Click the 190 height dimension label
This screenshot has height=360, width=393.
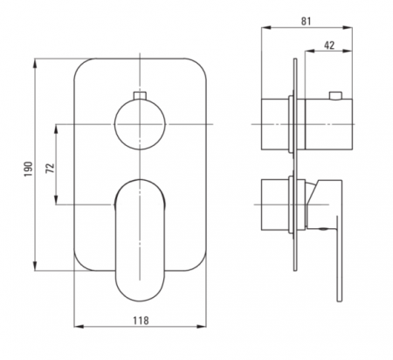pyautogui.click(x=28, y=169)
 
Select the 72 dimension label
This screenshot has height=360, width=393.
pyautogui.click(x=50, y=168)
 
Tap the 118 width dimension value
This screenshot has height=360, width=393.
pyautogui.click(x=141, y=321)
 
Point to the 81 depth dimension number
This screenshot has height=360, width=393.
pyautogui.click(x=306, y=21)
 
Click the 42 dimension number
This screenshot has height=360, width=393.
pyautogui.click(x=329, y=45)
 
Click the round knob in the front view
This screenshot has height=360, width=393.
pyautogui.click(x=140, y=124)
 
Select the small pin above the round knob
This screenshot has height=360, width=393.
pyautogui.click(x=140, y=95)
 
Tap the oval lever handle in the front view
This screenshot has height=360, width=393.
pyautogui.click(x=140, y=240)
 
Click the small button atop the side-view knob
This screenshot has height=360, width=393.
pyautogui.click(x=335, y=95)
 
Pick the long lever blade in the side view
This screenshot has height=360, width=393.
pyautogui.click(x=339, y=259)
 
